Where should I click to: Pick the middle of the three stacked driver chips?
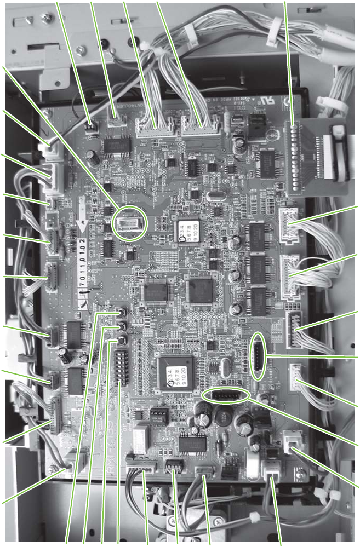[x=258, y=268]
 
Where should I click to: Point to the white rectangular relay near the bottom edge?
[x=141, y=437]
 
